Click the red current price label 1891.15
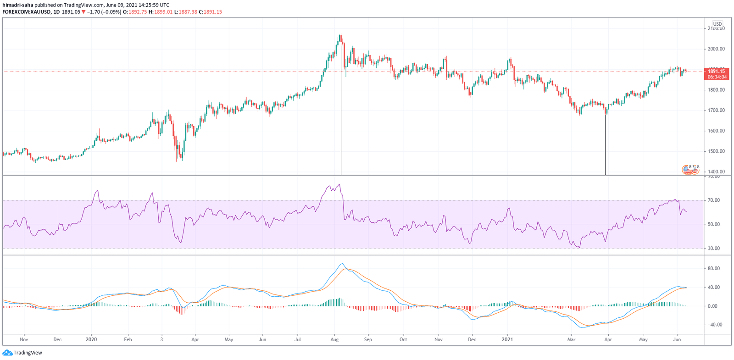[x=716, y=71]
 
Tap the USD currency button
[x=717, y=24]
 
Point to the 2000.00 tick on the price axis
[x=716, y=49]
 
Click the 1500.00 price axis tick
[x=716, y=151]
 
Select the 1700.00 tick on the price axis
[x=716, y=111]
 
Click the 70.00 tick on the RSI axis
[x=713, y=200]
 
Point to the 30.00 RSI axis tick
[x=713, y=249]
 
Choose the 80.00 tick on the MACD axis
[x=713, y=269]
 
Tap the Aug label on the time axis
[x=334, y=340]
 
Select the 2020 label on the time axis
[x=91, y=340]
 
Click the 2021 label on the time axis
[x=507, y=340]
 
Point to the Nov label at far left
[x=24, y=340]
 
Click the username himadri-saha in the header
[x=18, y=5]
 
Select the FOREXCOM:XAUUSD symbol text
[x=26, y=12]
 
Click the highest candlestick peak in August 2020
[x=340, y=34]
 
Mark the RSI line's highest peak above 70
[x=339, y=184]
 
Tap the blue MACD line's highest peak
[x=342, y=264]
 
